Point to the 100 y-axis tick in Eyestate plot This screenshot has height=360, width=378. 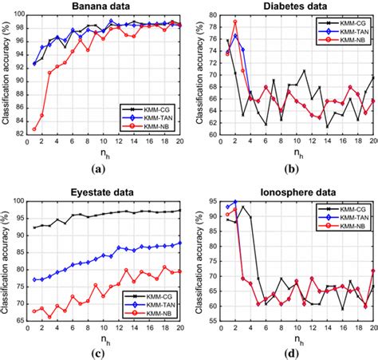(x=16, y=200)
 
